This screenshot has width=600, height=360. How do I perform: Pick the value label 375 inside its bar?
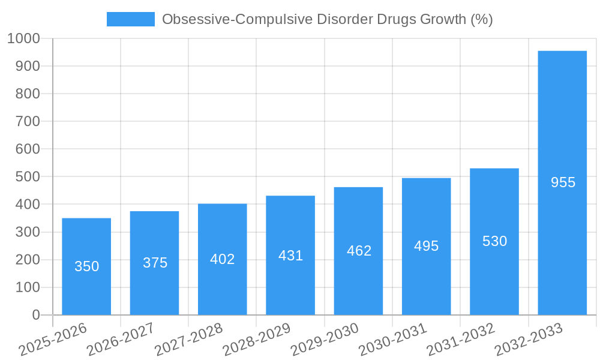(x=155, y=263)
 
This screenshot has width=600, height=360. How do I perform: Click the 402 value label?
(x=223, y=259)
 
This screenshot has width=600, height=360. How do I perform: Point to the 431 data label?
(x=290, y=256)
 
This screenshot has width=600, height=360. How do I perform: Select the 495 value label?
(x=427, y=246)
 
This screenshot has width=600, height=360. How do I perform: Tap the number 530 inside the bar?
(x=494, y=241)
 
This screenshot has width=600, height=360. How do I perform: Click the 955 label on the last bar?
(x=563, y=182)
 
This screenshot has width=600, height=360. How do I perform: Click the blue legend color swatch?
(x=130, y=19)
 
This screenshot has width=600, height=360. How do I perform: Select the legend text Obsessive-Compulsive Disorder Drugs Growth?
(x=327, y=19)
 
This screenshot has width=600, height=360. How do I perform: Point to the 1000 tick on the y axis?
(x=23, y=38)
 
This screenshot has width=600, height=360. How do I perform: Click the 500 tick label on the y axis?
(x=28, y=177)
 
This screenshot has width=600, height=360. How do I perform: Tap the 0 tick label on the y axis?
(x=36, y=315)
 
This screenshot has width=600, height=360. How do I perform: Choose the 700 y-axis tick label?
(x=28, y=121)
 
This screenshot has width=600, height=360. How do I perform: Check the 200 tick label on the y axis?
(x=28, y=260)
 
